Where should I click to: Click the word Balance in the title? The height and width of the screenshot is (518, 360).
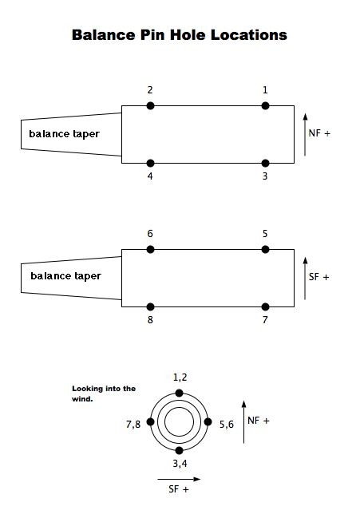click(x=104, y=34)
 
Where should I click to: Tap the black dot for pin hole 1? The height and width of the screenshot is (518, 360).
click(x=265, y=105)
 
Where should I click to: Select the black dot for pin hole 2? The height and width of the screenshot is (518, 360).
click(x=150, y=105)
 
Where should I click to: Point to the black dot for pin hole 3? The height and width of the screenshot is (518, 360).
click(x=265, y=163)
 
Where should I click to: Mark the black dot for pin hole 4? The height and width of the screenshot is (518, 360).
click(x=150, y=163)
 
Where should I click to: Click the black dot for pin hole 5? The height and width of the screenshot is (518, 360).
click(x=265, y=249)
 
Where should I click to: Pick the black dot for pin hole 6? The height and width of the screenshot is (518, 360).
click(x=150, y=249)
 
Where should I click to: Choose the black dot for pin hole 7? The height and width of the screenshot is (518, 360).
click(x=265, y=307)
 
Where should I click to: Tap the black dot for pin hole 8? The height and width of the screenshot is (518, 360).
click(x=150, y=307)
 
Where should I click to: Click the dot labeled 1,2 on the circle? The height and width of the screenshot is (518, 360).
click(x=179, y=393)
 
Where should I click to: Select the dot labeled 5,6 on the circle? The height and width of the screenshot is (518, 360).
click(x=208, y=422)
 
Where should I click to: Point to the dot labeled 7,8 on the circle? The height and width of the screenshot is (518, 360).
click(x=150, y=422)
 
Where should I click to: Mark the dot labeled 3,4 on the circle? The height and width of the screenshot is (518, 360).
click(x=179, y=451)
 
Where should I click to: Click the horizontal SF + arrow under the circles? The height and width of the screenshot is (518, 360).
click(x=179, y=479)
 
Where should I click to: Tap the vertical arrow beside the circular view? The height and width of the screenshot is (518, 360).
click(x=243, y=422)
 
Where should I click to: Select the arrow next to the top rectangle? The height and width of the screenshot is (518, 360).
click(x=305, y=134)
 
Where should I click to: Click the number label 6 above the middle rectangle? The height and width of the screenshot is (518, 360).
click(x=150, y=234)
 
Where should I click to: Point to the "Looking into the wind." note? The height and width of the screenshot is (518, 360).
click(x=104, y=393)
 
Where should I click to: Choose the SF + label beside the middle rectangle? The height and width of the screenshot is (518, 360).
click(x=319, y=277)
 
